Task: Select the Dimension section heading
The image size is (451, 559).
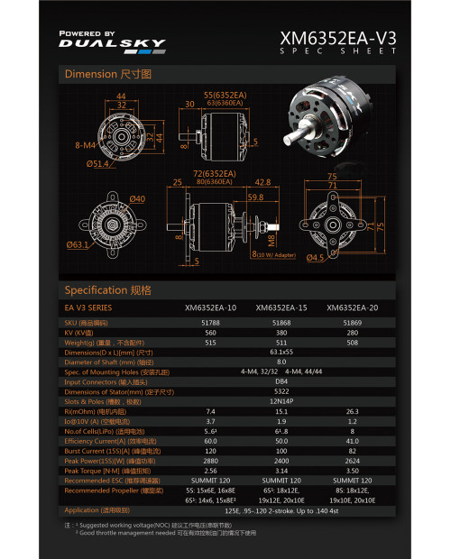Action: (107, 73)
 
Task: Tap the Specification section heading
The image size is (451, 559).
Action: (107, 290)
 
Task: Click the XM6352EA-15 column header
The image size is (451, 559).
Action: (281, 307)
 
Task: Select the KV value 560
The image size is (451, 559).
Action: (210, 332)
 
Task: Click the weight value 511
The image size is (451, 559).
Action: (281, 343)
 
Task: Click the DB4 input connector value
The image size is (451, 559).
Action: (281, 381)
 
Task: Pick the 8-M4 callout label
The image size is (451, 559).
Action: (86, 144)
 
